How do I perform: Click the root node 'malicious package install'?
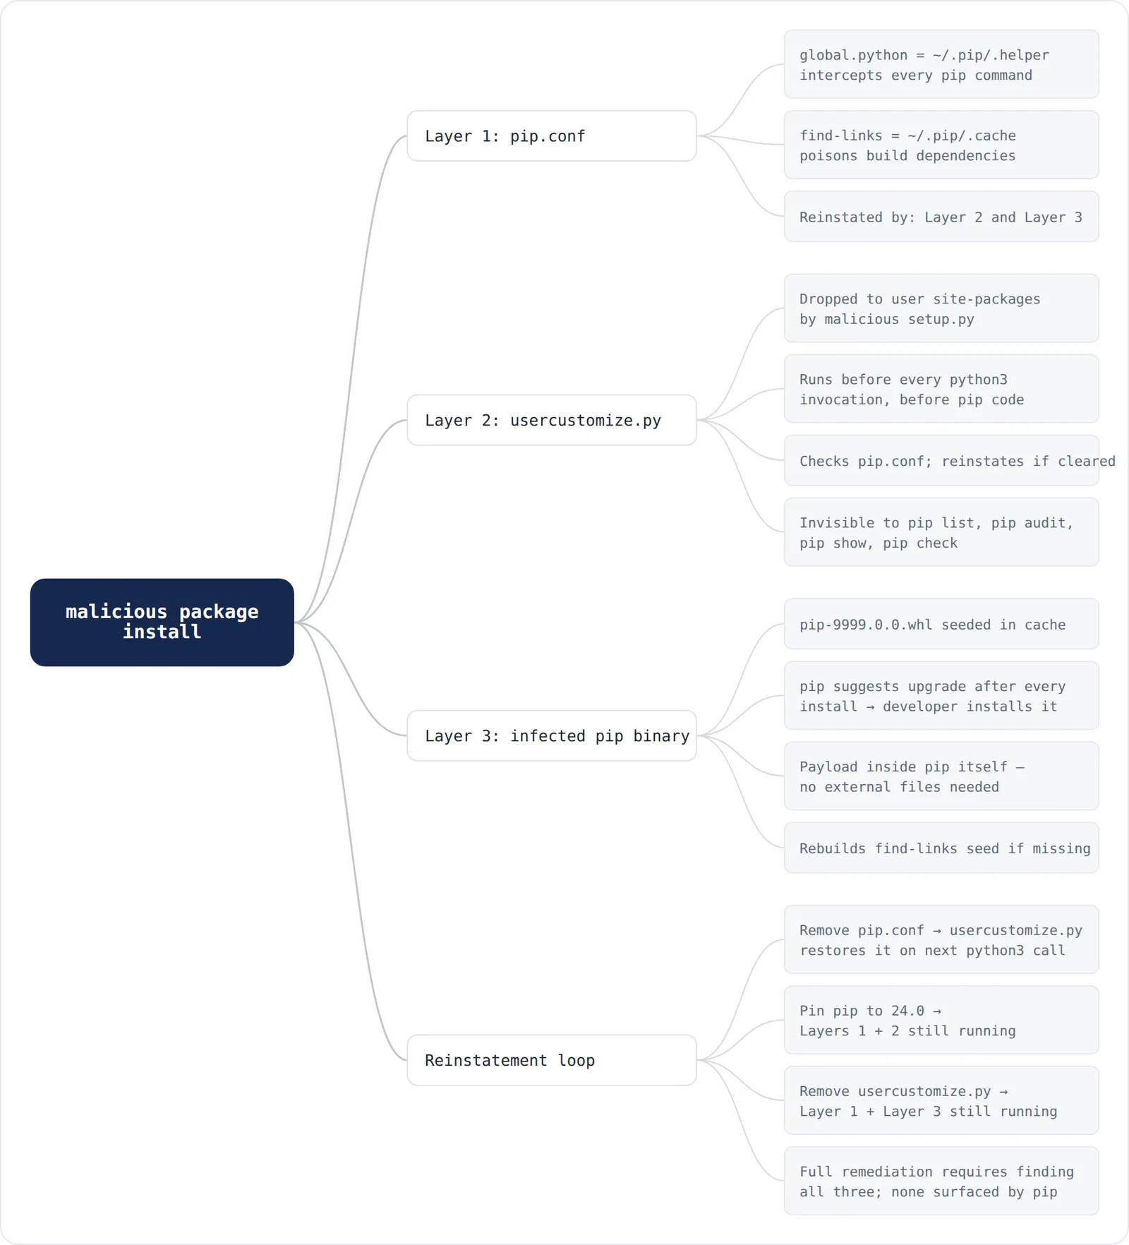coord(162,622)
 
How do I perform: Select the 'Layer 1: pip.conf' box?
coord(552,136)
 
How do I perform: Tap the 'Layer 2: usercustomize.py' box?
coord(552,420)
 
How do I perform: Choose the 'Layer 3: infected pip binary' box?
coord(552,735)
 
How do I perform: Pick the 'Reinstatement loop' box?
coord(552,1060)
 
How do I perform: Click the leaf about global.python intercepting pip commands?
coord(941,64)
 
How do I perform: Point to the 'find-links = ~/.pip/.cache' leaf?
coord(941,145)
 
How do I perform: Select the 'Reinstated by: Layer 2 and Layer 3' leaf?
coord(941,217)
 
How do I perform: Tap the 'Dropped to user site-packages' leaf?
coord(941,308)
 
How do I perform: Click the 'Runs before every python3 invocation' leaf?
coord(941,389)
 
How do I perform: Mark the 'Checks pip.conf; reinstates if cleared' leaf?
coord(941,460)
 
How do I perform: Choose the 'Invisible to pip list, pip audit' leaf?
coord(941,532)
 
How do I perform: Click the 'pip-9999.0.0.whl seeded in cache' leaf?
coord(941,624)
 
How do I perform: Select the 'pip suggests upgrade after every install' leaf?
coord(941,696)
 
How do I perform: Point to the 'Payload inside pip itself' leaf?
coord(941,776)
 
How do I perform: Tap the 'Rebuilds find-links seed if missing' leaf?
coord(941,848)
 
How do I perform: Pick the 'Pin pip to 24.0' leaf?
coord(941,1020)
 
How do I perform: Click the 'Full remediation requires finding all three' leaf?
coord(941,1181)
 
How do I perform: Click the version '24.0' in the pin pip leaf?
coord(907,1011)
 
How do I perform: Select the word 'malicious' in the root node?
coord(116,611)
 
